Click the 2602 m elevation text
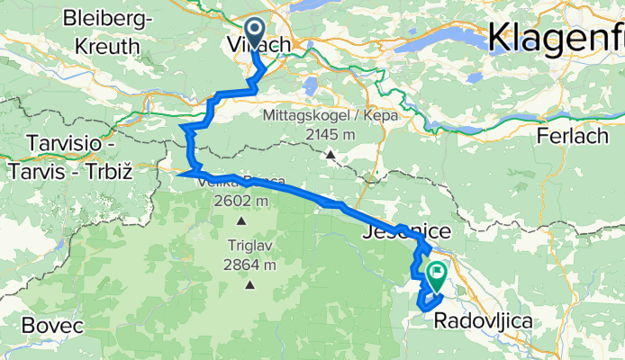click(240, 200)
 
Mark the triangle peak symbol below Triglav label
click(249, 285)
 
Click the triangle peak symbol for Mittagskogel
click(331, 155)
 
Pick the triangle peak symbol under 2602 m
click(241, 220)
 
